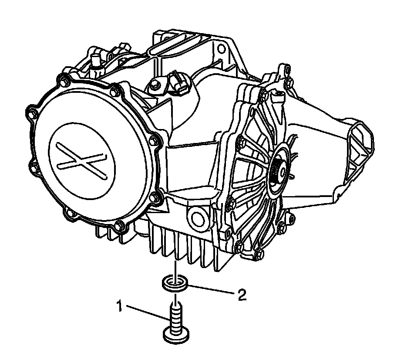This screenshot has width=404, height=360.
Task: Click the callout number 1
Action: pyautogui.click(x=119, y=306)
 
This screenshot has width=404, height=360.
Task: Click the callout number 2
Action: pyautogui.click(x=242, y=295)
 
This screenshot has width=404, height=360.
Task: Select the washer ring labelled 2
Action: pyautogui.click(x=175, y=284)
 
